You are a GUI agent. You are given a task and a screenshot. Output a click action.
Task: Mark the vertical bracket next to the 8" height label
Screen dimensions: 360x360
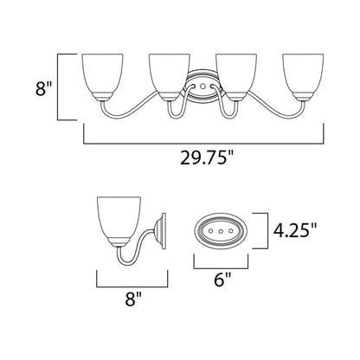click(59, 86)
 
